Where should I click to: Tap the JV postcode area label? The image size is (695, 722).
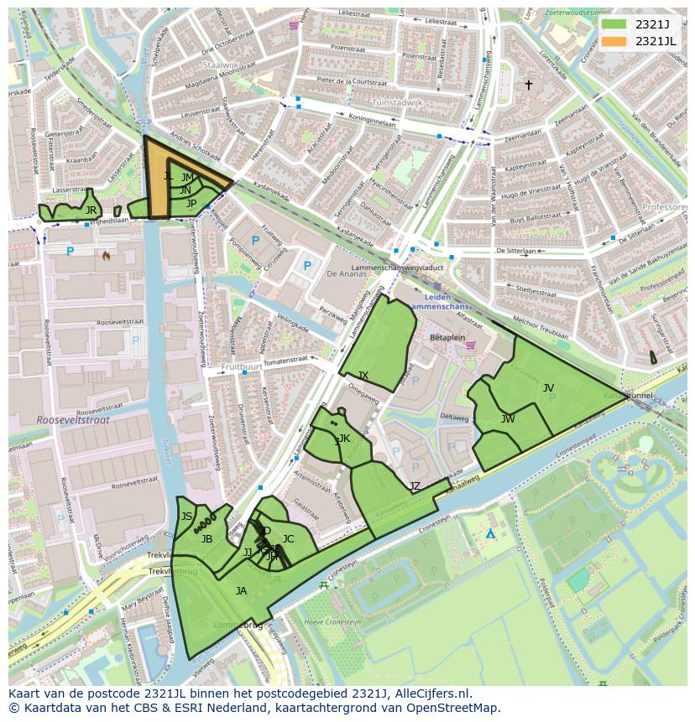pyautogui.click(x=548, y=387)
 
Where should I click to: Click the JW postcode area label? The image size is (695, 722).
pyautogui.click(x=508, y=418)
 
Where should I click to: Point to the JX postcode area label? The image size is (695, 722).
pyautogui.click(x=363, y=375)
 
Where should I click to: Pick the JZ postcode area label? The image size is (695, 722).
pyautogui.click(x=415, y=486)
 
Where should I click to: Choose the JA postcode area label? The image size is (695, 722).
pyautogui.click(x=241, y=591)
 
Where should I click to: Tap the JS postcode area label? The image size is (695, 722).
pyautogui.click(x=186, y=517)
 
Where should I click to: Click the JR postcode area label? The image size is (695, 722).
pyautogui.click(x=91, y=210)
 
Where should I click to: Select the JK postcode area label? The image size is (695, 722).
pyautogui.click(x=344, y=439)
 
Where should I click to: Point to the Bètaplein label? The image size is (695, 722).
pyautogui.click(x=447, y=336)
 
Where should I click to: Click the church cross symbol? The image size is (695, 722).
pyautogui.click(x=528, y=85)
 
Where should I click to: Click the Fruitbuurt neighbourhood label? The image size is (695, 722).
pyautogui.click(x=242, y=367)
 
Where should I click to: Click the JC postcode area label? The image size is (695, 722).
pyautogui.click(x=288, y=539)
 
